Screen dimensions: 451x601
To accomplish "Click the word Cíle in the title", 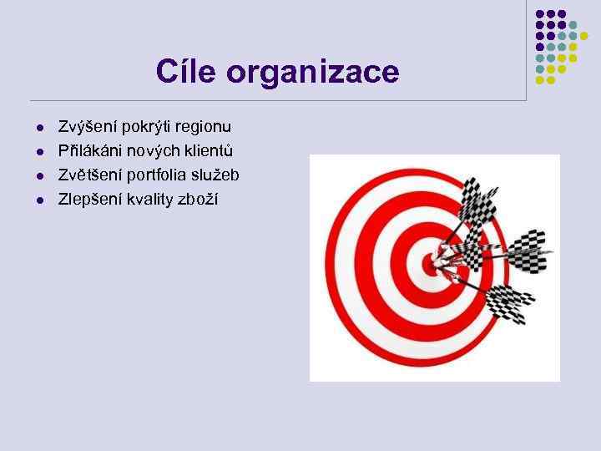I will tap(189, 72).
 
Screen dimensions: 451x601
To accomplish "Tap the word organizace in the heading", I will tap(313, 73).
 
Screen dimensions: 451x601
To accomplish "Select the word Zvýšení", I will tap(87, 127).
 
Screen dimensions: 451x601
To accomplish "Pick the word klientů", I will tap(210, 151).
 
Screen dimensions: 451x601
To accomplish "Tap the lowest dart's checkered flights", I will tap(506, 302).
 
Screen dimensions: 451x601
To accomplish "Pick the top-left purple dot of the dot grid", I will tap(539, 14).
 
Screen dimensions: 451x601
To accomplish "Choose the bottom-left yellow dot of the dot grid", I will tap(539, 80).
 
